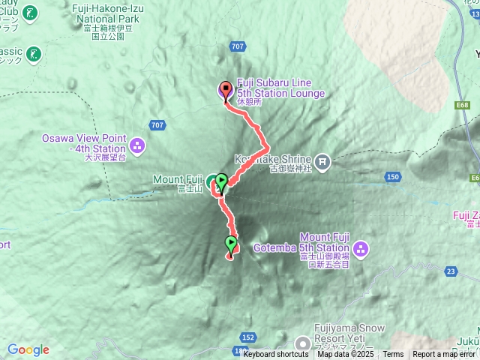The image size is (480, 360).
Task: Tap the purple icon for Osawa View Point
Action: coord(136,144)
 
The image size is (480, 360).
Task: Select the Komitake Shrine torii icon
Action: coord(322,160)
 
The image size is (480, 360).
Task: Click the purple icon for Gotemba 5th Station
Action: coord(360,247)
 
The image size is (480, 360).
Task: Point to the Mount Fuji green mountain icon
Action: coord(211,180)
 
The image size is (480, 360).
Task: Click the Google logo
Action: coord(28,349)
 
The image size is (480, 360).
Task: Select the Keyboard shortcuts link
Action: coord(275,355)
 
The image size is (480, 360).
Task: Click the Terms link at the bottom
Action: coord(393,355)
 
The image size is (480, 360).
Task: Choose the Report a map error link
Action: coord(445,355)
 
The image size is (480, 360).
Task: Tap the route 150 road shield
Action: coord(392,177)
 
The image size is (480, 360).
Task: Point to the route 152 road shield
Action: coord(249,337)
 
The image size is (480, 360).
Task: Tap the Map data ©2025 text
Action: coord(345,355)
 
